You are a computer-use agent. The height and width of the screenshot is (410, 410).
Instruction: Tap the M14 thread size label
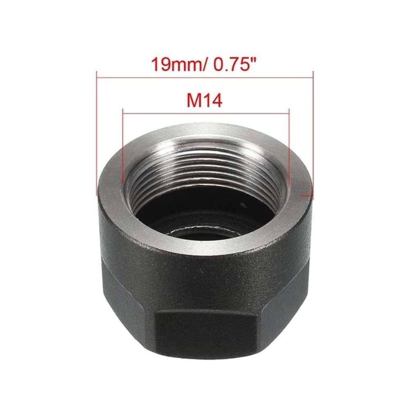coord(205,101)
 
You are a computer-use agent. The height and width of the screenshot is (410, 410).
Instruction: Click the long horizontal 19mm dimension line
coord(205,77)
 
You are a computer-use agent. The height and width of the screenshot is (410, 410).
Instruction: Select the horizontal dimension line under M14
coord(206,113)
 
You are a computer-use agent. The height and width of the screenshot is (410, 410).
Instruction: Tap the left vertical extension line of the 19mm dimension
coord(97,133)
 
